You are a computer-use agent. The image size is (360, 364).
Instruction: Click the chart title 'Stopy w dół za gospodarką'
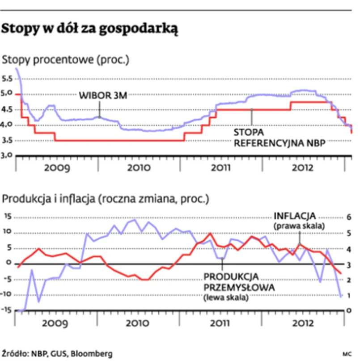91,29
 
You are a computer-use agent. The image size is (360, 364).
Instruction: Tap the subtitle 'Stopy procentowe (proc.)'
66,59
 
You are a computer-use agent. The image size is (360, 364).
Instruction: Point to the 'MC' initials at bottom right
347,354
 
